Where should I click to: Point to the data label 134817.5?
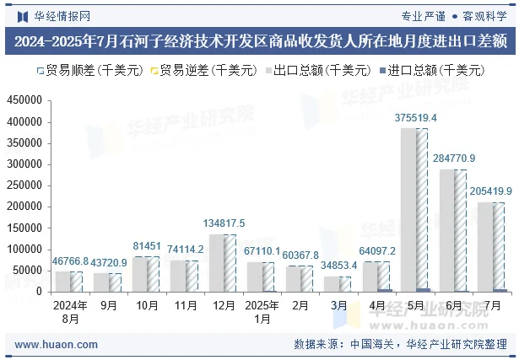pyautogui.click(x=224, y=223)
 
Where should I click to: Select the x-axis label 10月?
pyautogui.click(x=148, y=306)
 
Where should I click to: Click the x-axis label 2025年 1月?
pyautogui.click(x=262, y=312)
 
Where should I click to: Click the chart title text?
pyautogui.click(x=259, y=40)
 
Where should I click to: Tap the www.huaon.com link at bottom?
pyautogui.click(x=57, y=344)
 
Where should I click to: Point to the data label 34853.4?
pyautogui.click(x=339, y=266)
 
